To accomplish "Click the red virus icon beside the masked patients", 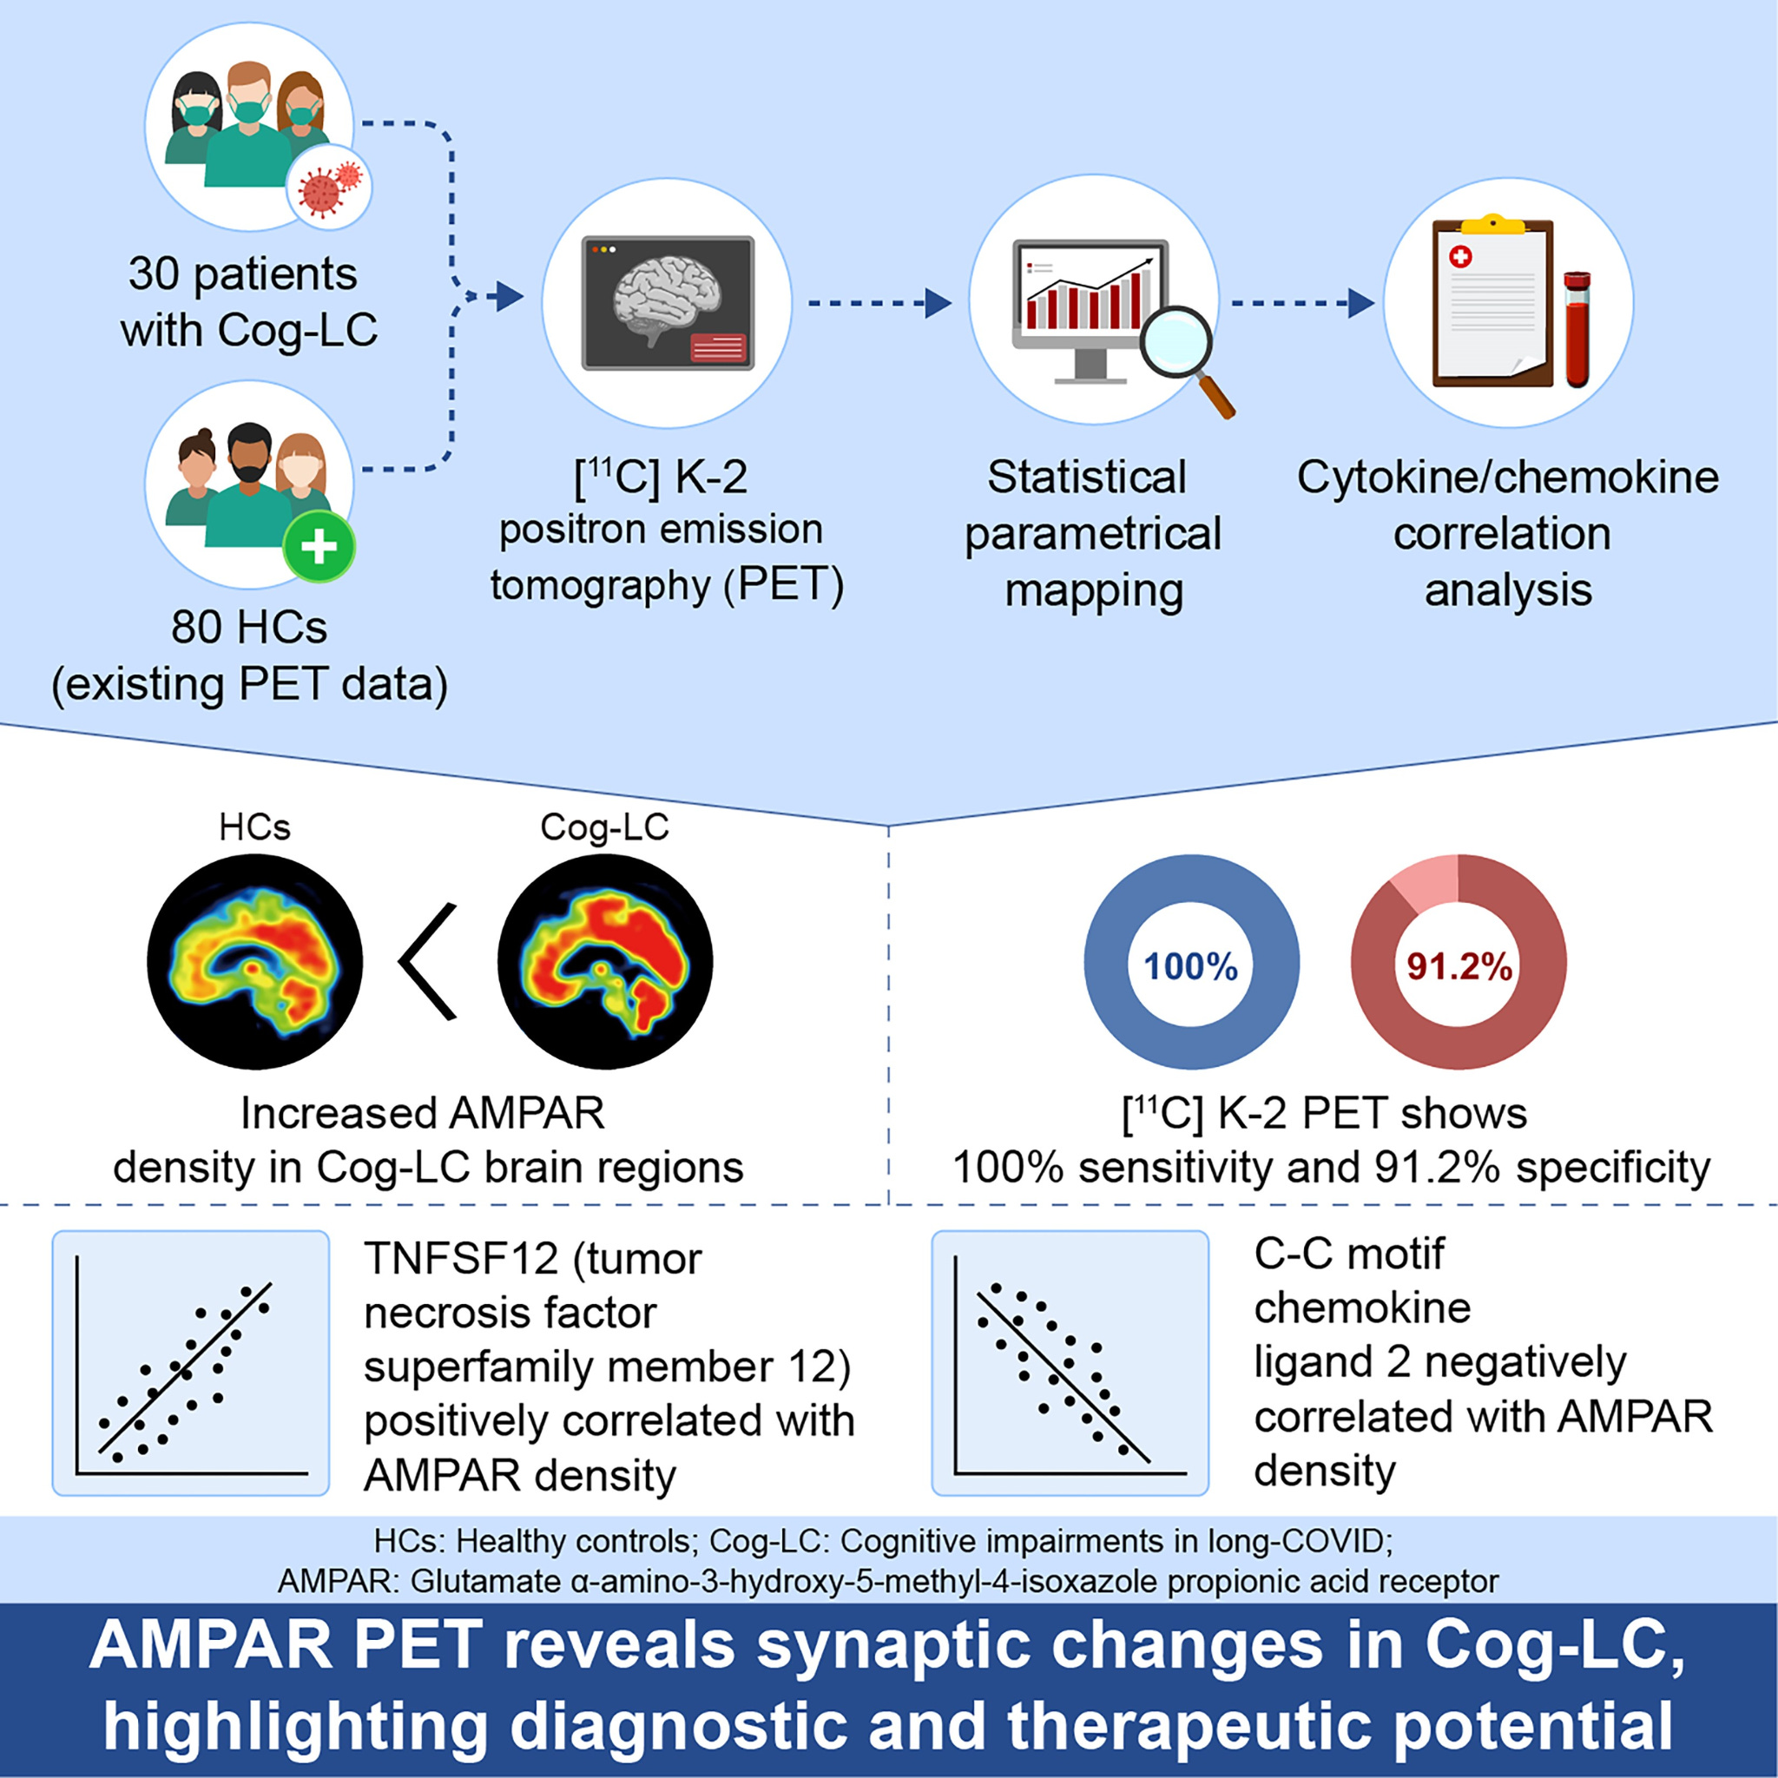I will [x=329, y=188].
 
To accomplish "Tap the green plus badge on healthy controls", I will [x=319, y=547].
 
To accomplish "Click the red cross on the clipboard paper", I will [x=1460, y=256].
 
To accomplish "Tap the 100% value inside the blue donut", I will [x=1191, y=966].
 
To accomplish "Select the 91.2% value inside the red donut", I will [x=1459, y=966].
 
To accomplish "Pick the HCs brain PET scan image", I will [x=255, y=962].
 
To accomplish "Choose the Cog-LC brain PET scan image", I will [x=604, y=962].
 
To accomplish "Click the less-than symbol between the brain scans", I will [x=430, y=962].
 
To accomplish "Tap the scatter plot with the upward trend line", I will [x=190, y=1364].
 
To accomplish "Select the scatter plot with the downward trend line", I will [x=1070, y=1364].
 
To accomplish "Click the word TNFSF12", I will [x=459, y=1258].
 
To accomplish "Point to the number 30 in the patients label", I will [x=153, y=274].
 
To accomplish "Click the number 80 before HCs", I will [x=195, y=628].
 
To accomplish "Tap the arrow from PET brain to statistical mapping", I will [x=879, y=302].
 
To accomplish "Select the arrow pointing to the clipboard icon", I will [x=1302, y=302].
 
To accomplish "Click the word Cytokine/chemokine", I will [x=1507, y=477].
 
